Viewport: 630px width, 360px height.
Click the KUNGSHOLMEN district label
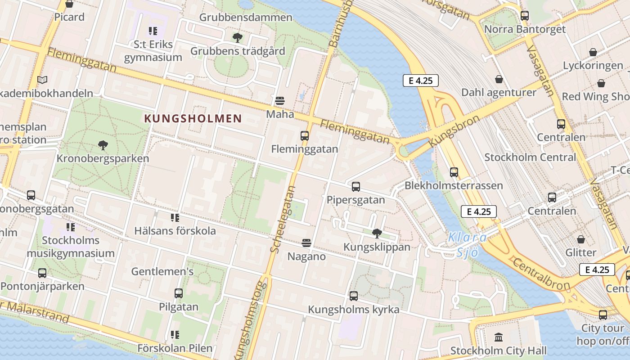click(x=193, y=119)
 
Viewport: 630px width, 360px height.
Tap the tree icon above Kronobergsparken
click(x=103, y=145)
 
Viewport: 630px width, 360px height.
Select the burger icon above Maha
click(x=280, y=100)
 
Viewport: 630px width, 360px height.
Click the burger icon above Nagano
click(x=306, y=243)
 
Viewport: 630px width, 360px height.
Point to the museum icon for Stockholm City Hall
click(x=499, y=337)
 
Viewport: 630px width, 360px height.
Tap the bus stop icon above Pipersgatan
click(x=356, y=186)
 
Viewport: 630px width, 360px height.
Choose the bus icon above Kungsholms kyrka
click(x=354, y=296)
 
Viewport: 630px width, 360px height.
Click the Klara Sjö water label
click(x=467, y=244)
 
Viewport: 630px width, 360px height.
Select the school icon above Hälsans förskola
click(x=175, y=218)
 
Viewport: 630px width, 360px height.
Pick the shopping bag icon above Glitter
click(x=581, y=239)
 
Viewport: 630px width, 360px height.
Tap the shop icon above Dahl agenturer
click(x=499, y=79)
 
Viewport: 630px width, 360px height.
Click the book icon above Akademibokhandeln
click(x=42, y=80)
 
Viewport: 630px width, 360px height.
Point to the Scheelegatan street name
click(x=283, y=219)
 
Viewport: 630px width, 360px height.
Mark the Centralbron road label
click(x=540, y=274)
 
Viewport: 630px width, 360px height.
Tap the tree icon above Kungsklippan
click(x=377, y=233)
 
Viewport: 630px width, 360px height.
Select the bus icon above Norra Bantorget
click(x=525, y=16)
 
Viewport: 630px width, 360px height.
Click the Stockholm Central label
click(x=530, y=157)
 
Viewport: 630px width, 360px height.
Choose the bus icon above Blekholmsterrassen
click(x=454, y=172)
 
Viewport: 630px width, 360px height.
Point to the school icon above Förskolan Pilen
click(x=175, y=334)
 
